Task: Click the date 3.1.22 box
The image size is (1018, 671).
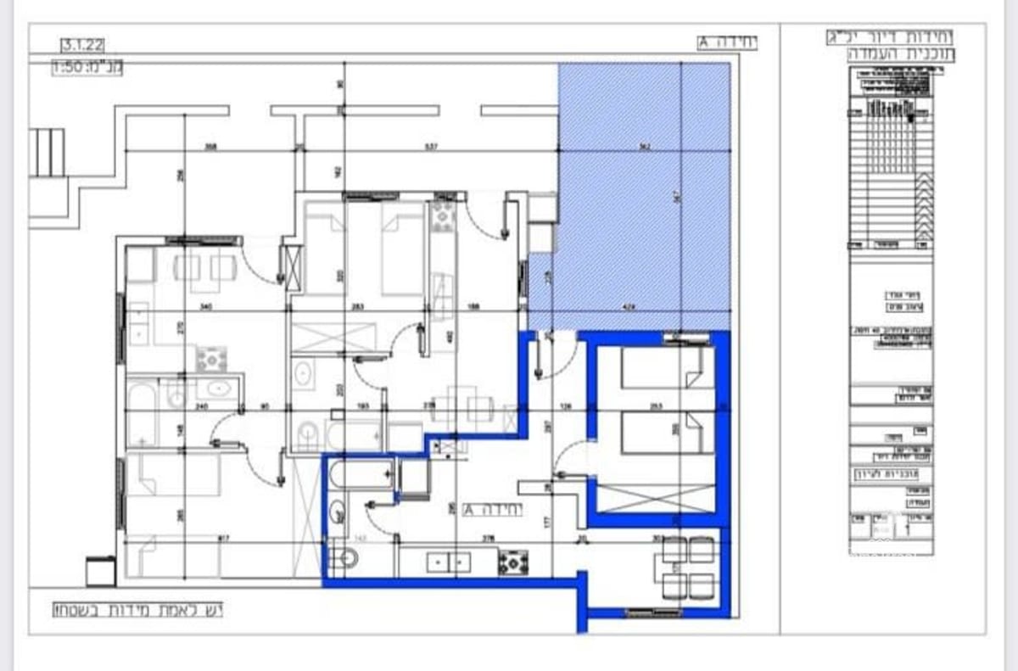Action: pos(83,44)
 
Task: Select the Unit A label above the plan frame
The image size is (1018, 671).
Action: pos(727,42)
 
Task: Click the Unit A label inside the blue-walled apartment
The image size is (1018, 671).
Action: pos(494,510)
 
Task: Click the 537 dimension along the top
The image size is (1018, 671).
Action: pos(431,148)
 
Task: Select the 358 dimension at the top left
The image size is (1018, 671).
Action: pos(210,148)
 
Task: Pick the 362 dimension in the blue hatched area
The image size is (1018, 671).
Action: pos(645,148)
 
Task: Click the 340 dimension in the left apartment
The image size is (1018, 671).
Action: pos(204,307)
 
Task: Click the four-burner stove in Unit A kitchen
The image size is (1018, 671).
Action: pos(513,562)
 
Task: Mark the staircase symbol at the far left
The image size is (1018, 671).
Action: pos(46,153)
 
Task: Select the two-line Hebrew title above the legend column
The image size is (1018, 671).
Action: pos(890,46)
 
